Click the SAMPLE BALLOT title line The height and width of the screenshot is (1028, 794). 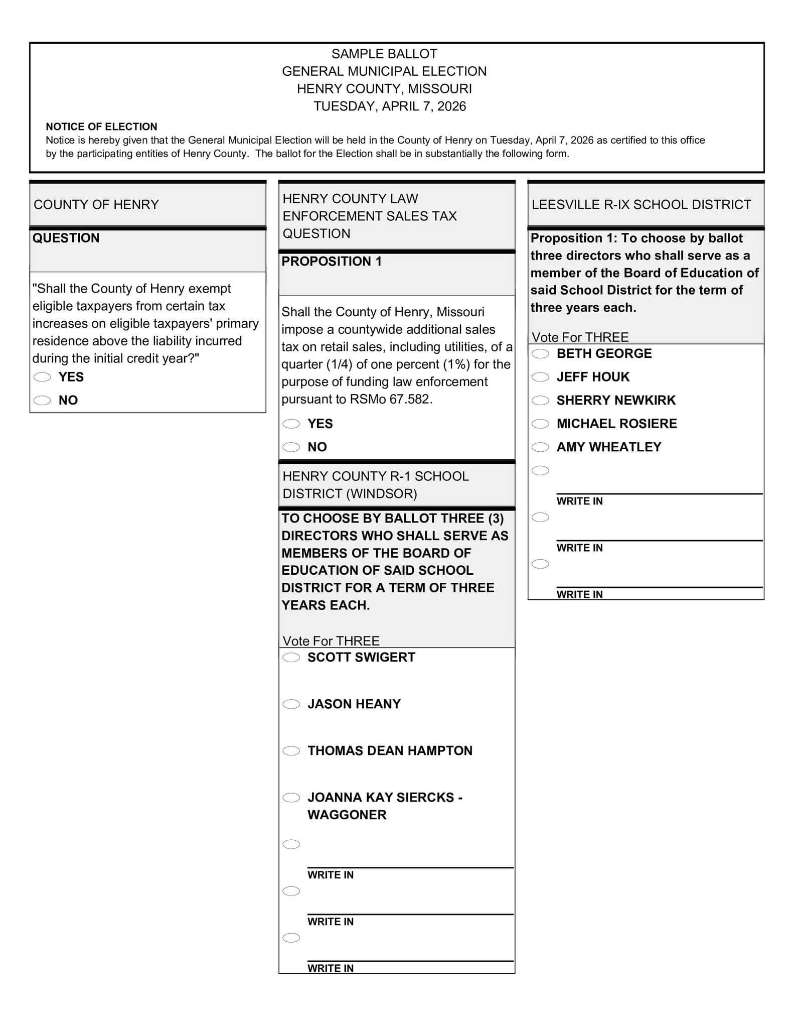pyautogui.click(x=384, y=54)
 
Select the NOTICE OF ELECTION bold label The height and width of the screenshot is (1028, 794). pyautogui.click(x=101, y=126)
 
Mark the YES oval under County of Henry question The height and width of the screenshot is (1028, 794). pyautogui.click(x=42, y=377)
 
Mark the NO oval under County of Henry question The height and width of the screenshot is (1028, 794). pyautogui.click(x=42, y=401)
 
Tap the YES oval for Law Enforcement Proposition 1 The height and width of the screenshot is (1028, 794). pyautogui.click(x=291, y=424)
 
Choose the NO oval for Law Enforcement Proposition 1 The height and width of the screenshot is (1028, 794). pyautogui.click(x=291, y=447)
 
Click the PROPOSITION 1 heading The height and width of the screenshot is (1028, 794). pyautogui.click(x=332, y=262)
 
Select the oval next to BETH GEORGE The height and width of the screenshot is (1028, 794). pyautogui.click(x=540, y=354)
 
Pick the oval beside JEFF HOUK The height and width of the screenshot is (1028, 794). pyautogui.click(x=540, y=377)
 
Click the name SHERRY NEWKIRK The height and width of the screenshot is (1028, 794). pyautogui.click(x=616, y=401)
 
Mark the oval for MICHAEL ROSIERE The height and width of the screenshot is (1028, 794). pyautogui.click(x=540, y=424)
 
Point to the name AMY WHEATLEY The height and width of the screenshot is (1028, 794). pyautogui.click(x=609, y=447)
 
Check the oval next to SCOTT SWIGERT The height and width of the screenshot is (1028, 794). pyautogui.click(x=291, y=658)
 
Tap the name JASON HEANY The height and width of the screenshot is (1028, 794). pyautogui.click(x=354, y=704)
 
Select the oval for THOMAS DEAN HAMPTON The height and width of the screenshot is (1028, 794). pyautogui.click(x=291, y=751)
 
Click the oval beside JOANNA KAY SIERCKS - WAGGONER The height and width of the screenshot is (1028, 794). pyautogui.click(x=291, y=798)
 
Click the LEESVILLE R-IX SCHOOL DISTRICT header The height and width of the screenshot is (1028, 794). pyautogui.click(x=641, y=205)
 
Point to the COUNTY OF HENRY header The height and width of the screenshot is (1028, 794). pyautogui.click(x=96, y=205)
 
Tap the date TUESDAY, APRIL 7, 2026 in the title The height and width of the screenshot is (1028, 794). pyautogui.click(x=390, y=106)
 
